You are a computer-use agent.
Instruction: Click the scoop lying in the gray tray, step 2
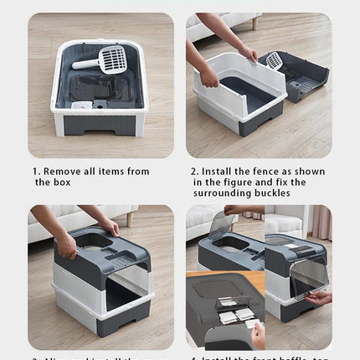[x=274, y=60]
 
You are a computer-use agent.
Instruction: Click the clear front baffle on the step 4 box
[x=308, y=276]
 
